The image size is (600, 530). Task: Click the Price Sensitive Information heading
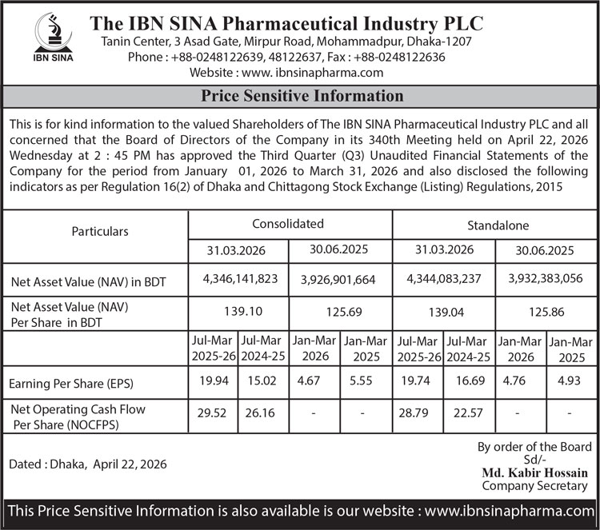pyautogui.click(x=302, y=97)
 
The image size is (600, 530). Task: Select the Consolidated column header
pyautogui.click(x=288, y=224)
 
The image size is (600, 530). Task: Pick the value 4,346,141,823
pyautogui.click(x=240, y=279)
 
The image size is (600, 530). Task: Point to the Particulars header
pyautogui.click(x=100, y=231)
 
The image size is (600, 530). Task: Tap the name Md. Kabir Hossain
pyautogui.click(x=534, y=472)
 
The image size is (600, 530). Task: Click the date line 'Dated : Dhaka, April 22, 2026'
pyautogui.click(x=94, y=464)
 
